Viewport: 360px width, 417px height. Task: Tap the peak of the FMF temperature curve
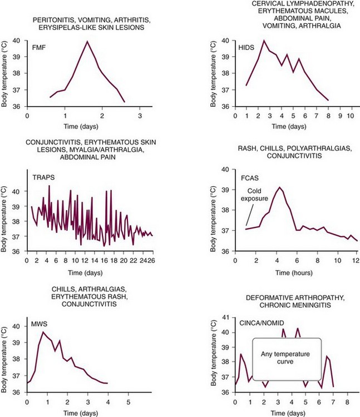[87, 42]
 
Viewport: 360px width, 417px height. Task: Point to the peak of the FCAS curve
[280, 187]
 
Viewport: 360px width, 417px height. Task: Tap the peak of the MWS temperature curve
[43, 332]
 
